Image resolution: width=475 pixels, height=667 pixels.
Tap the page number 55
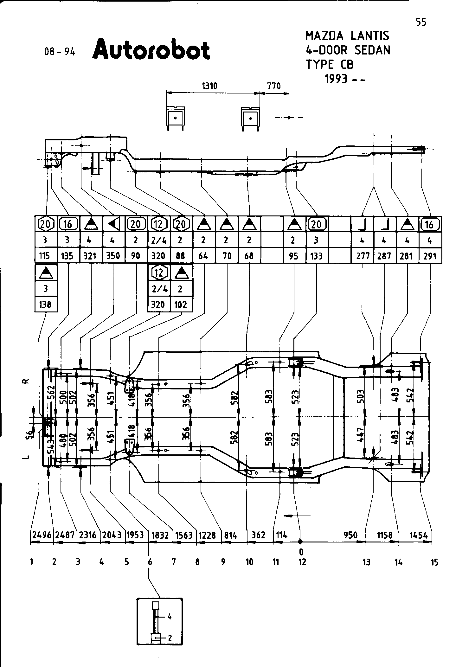click(x=421, y=22)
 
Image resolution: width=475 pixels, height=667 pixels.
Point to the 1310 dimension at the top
click(x=210, y=86)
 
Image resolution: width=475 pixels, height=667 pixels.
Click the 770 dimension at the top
click(x=274, y=86)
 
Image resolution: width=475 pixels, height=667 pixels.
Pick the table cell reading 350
click(x=113, y=256)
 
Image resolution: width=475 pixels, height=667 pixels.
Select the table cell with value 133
click(x=317, y=256)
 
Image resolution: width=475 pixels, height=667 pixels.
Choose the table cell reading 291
click(x=430, y=256)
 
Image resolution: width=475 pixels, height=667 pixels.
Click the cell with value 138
click(x=45, y=305)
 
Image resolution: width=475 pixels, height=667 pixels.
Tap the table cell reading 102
click(x=181, y=305)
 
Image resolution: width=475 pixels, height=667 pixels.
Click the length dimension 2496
click(x=42, y=535)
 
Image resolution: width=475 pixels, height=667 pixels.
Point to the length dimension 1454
click(x=418, y=535)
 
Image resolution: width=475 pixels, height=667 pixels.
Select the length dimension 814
click(x=230, y=535)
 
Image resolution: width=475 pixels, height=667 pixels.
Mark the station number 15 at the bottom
click(x=434, y=562)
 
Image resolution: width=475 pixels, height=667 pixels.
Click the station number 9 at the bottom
click(x=223, y=562)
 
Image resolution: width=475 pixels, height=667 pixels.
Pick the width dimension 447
click(x=362, y=436)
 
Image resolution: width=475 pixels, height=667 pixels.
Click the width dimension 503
click(x=362, y=396)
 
